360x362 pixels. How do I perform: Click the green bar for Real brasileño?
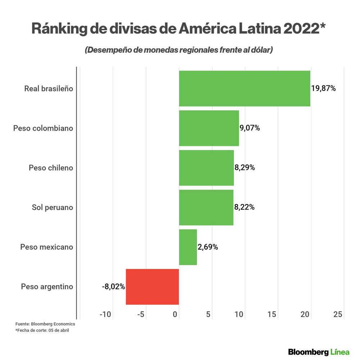click(x=244, y=89)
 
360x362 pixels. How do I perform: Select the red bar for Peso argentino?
click(x=152, y=287)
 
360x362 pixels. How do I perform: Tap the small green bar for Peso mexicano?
click(x=188, y=247)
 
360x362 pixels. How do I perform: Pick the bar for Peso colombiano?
click(x=209, y=128)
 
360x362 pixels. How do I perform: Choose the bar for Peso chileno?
click(x=206, y=168)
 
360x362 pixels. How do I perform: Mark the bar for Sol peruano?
click(x=206, y=207)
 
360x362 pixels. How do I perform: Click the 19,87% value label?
click(x=323, y=89)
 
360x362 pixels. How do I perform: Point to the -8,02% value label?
click(x=113, y=287)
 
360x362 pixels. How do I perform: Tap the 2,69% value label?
click(x=208, y=247)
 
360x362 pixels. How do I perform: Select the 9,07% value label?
click(x=249, y=128)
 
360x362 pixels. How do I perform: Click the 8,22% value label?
click(x=244, y=207)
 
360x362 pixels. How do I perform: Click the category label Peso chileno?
click(x=51, y=168)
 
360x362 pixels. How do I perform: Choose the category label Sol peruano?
click(x=52, y=207)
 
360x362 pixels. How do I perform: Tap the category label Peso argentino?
click(x=47, y=287)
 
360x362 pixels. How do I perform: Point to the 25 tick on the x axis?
click(x=338, y=315)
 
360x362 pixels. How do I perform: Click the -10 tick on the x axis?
click(x=105, y=315)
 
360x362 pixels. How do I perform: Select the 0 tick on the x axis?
click(x=175, y=315)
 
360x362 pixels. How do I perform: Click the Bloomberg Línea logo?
click(x=319, y=352)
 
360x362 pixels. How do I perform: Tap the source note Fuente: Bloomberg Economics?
click(x=45, y=324)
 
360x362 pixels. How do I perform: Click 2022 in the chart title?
click(x=301, y=29)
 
